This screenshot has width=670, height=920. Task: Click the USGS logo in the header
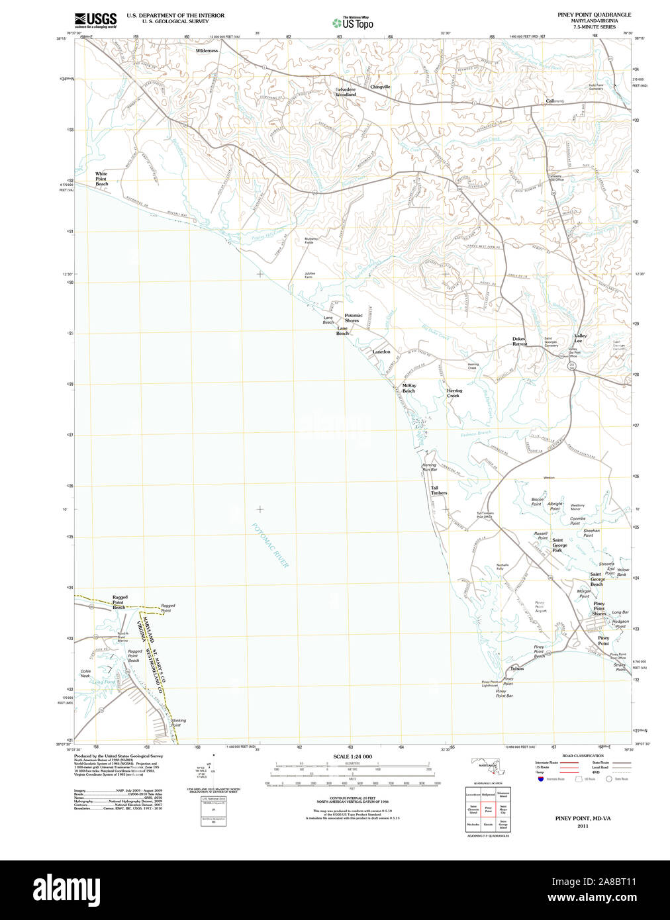pyautogui.click(x=95, y=20)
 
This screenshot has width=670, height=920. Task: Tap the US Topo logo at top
pyautogui.click(x=353, y=23)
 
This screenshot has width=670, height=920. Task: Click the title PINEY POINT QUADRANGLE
pyautogui.click(x=594, y=15)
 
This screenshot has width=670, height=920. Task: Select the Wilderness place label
pyautogui.click(x=207, y=50)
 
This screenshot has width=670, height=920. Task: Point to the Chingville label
pyautogui.click(x=380, y=87)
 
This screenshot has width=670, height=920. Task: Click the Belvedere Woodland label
pyautogui.click(x=346, y=92)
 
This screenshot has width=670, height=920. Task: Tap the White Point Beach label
pyautogui.click(x=101, y=179)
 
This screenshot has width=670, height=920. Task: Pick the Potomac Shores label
pyautogui.click(x=353, y=318)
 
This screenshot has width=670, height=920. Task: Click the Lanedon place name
pyautogui.click(x=381, y=351)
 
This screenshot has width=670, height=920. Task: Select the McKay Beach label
pyautogui.click(x=409, y=388)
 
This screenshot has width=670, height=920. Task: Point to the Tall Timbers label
pyautogui.click(x=439, y=490)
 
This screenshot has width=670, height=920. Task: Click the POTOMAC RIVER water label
pyautogui.click(x=270, y=545)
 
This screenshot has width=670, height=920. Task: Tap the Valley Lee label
pyautogui.click(x=580, y=338)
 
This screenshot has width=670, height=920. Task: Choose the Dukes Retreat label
pyautogui.click(x=520, y=341)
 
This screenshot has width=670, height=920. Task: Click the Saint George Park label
pyautogui.click(x=559, y=545)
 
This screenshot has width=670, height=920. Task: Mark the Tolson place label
pyautogui.click(x=517, y=668)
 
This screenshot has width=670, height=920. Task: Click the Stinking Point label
pyautogui.click(x=178, y=722)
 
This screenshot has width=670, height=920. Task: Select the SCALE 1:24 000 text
pyautogui.click(x=352, y=757)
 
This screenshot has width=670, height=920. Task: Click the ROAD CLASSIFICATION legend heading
pyautogui.click(x=583, y=756)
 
